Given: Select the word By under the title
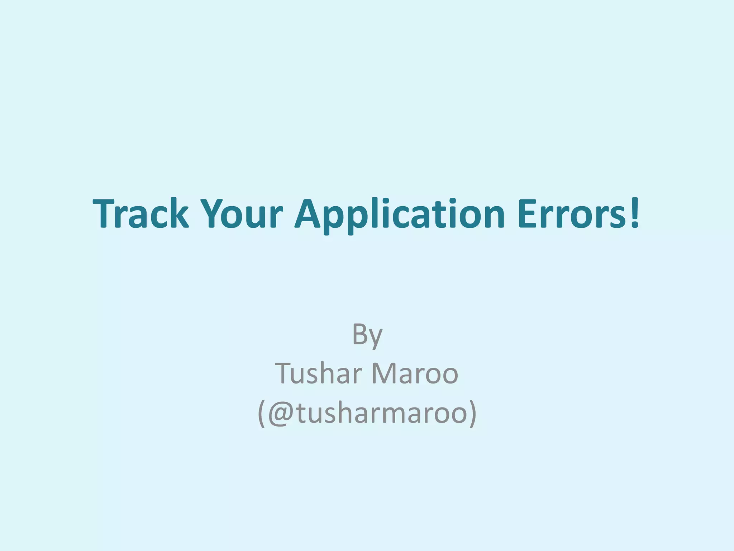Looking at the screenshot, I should pyautogui.click(x=367, y=334).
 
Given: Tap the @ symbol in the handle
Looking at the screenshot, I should pyautogui.click(x=282, y=413).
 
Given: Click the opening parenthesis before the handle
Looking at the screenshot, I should pyautogui.click(x=261, y=414).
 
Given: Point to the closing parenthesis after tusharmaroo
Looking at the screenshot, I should pyautogui.click(x=473, y=414).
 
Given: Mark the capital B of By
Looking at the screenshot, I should pyautogui.click(x=360, y=333).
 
